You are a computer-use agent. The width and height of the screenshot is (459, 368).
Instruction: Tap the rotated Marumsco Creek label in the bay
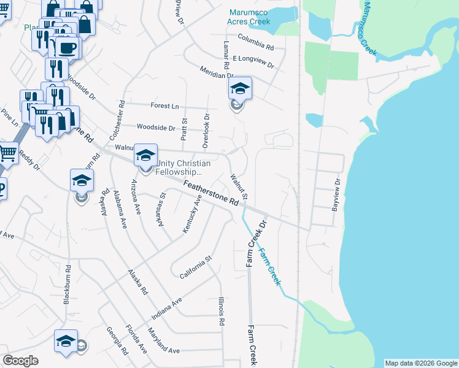[x=369, y=28]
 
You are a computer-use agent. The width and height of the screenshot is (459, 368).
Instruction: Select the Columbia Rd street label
[x=255, y=42]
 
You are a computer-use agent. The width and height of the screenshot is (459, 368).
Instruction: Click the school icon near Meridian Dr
[x=240, y=90]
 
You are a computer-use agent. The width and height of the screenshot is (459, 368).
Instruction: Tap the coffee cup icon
[x=68, y=47]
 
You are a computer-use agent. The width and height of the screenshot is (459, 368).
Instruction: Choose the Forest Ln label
[x=164, y=106]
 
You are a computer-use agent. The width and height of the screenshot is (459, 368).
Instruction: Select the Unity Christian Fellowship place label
[x=182, y=168]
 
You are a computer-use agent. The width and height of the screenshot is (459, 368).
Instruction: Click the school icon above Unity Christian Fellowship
[x=145, y=155]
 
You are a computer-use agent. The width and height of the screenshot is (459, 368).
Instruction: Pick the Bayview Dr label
[x=336, y=196]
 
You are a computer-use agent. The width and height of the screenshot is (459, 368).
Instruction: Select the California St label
[x=195, y=267]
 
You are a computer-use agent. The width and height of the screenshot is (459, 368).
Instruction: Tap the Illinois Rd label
[x=221, y=312]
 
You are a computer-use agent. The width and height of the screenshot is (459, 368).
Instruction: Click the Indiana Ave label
[x=168, y=310]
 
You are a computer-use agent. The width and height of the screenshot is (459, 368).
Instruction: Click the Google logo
[x=20, y=361]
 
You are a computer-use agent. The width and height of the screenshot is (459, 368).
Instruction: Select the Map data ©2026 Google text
[x=420, y=363]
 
